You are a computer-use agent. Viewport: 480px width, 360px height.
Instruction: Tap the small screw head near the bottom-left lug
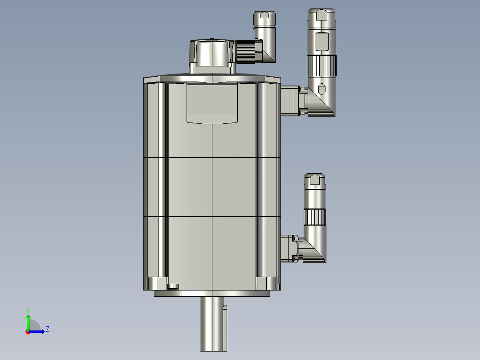[x=173, y=286]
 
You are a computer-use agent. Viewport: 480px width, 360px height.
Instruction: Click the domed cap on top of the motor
[x=211, y=53]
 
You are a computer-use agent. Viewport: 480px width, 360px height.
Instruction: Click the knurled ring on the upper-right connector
[x=321, y=65]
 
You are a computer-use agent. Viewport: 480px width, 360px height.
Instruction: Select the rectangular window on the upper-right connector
[x=321, y=41]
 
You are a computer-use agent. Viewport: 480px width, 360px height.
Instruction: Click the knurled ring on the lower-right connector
[x=315, y=217]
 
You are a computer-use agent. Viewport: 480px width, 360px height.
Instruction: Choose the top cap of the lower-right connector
[x=315, y=180]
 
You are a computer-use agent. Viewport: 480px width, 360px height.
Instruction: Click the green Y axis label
[x=28, y=309]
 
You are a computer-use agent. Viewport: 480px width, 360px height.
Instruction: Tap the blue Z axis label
[x=47, y=329]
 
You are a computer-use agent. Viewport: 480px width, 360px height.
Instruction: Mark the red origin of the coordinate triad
[x=28, y=331]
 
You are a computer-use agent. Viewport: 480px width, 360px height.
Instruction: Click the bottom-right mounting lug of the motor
[x=268, y=283]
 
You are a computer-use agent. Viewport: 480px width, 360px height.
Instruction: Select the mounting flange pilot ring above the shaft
[x=212, y=293]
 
